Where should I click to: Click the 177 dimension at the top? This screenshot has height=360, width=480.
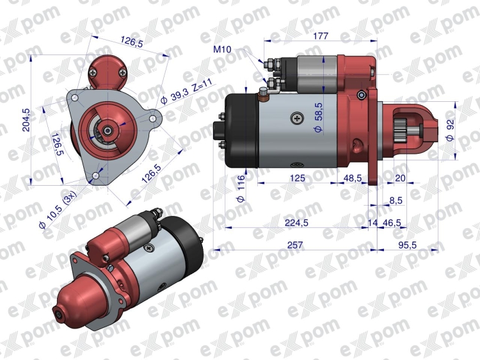click(320, 36)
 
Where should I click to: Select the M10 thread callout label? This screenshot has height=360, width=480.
click(222, 49)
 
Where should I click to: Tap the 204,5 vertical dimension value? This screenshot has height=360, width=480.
click(26, 120)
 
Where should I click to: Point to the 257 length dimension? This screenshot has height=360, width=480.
click(295, 245)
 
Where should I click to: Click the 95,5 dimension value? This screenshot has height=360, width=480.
click(408, 245)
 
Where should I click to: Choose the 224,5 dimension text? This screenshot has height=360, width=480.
click(296, 223)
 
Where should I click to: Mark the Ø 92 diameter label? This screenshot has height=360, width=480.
click(450, 129)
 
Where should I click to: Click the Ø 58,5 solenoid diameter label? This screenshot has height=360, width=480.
click(318, 117)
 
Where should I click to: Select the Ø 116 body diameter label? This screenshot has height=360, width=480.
click(241, 189)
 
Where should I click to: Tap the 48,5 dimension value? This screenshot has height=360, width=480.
click(353, 178)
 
